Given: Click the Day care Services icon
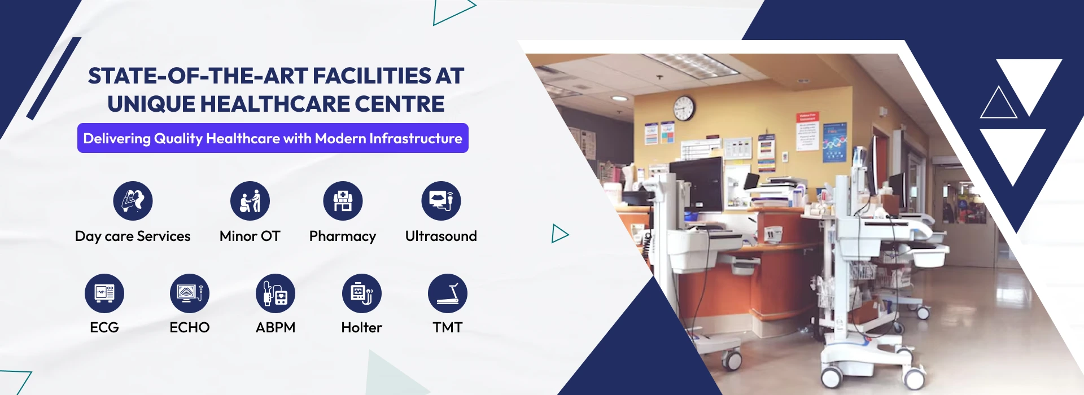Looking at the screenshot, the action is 133,201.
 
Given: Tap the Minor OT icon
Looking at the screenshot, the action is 250,201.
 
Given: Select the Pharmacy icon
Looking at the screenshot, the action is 343,201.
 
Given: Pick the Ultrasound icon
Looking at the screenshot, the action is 441,201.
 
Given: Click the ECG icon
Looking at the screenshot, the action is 104,293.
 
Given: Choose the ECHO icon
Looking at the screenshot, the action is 190,293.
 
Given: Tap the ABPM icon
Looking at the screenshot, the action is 276,293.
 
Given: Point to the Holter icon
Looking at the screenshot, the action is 362,293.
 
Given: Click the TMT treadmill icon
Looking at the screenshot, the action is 448,293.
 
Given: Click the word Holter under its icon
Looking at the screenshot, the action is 362,327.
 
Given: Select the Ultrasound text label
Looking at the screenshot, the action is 441,236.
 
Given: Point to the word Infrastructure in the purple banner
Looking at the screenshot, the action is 416,138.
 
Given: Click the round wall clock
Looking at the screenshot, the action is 684,108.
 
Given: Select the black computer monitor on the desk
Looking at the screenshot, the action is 696,184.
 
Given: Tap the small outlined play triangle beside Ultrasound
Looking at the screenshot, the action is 560,234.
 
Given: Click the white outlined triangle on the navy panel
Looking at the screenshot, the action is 998,102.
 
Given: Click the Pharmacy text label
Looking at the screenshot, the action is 343,236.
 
